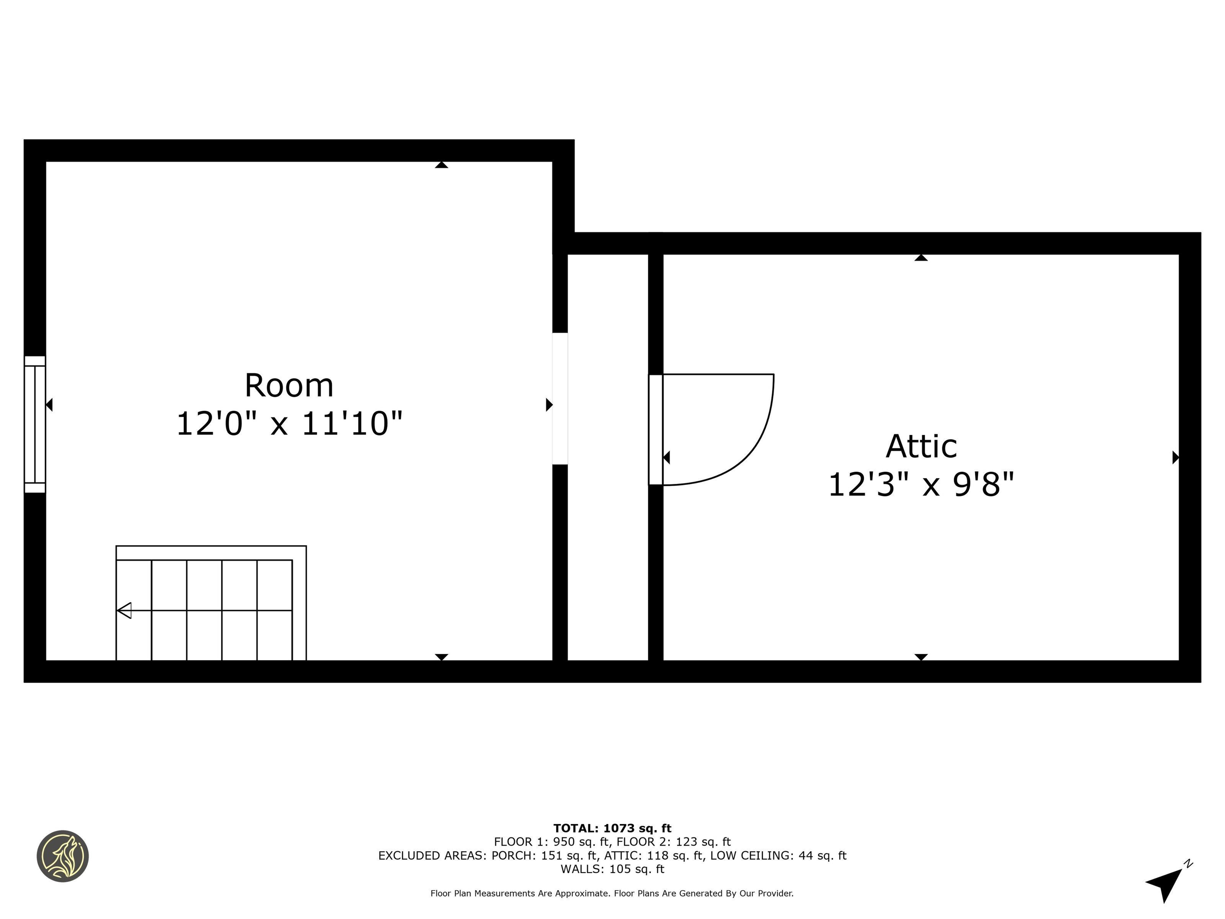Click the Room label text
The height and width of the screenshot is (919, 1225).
click(289, 386)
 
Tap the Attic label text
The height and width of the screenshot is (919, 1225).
click(921, 446)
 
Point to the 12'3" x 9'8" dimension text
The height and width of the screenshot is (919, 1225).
click(921, 484)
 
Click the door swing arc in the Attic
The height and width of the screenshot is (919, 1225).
click(753, 443)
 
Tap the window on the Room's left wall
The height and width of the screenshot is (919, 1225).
click(35, 424)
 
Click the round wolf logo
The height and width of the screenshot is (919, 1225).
click(63, 856)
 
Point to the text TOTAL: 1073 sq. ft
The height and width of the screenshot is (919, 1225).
click(612, 828)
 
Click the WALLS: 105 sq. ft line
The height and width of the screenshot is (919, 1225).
click(612, 869)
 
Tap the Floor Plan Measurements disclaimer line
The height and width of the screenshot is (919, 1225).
click(612, 893)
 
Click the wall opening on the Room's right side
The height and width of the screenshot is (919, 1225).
click(560, 398)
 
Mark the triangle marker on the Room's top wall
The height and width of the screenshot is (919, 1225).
click(441, 164)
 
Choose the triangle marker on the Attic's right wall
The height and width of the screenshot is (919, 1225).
click(1175, 458)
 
